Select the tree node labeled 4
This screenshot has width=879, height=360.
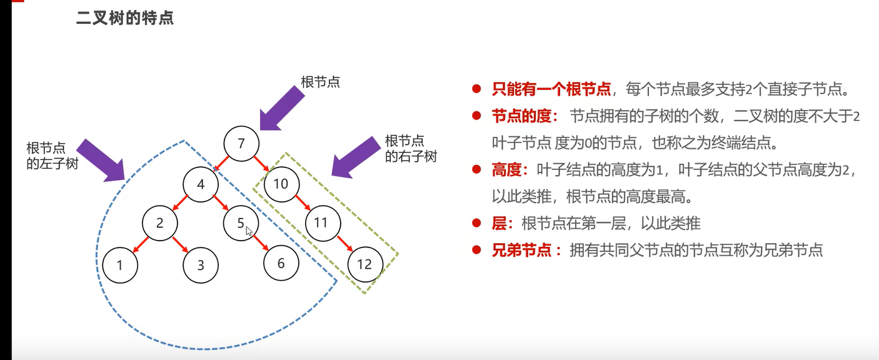(201, 184)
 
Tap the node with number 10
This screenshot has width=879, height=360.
(281, 184)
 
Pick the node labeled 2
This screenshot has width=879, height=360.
(159, 222)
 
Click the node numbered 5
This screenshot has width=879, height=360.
(241, 222)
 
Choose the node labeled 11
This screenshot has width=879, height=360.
(321, 222)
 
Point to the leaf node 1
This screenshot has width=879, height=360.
(119, 265)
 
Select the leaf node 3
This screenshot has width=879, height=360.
(201, 265)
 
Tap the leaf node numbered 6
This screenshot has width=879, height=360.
(281, 263)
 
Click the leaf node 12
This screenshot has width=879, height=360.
(364, 264)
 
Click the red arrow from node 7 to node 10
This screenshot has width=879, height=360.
(261, 164)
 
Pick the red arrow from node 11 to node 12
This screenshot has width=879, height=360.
(343, 243)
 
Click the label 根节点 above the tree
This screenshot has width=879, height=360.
(320, 82)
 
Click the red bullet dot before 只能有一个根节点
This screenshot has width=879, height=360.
(476, 89)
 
